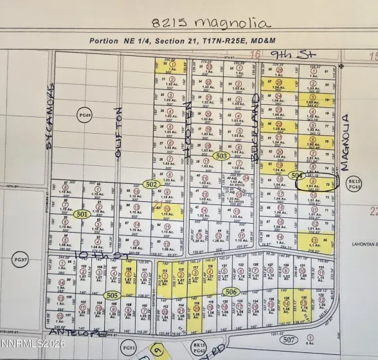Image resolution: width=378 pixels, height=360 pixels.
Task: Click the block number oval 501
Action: (82, 214)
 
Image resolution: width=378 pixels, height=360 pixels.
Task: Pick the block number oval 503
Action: (222, 156)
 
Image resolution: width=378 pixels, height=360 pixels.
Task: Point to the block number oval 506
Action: (231, 292)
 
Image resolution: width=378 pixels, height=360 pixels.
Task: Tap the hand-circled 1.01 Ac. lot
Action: (314, 184)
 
